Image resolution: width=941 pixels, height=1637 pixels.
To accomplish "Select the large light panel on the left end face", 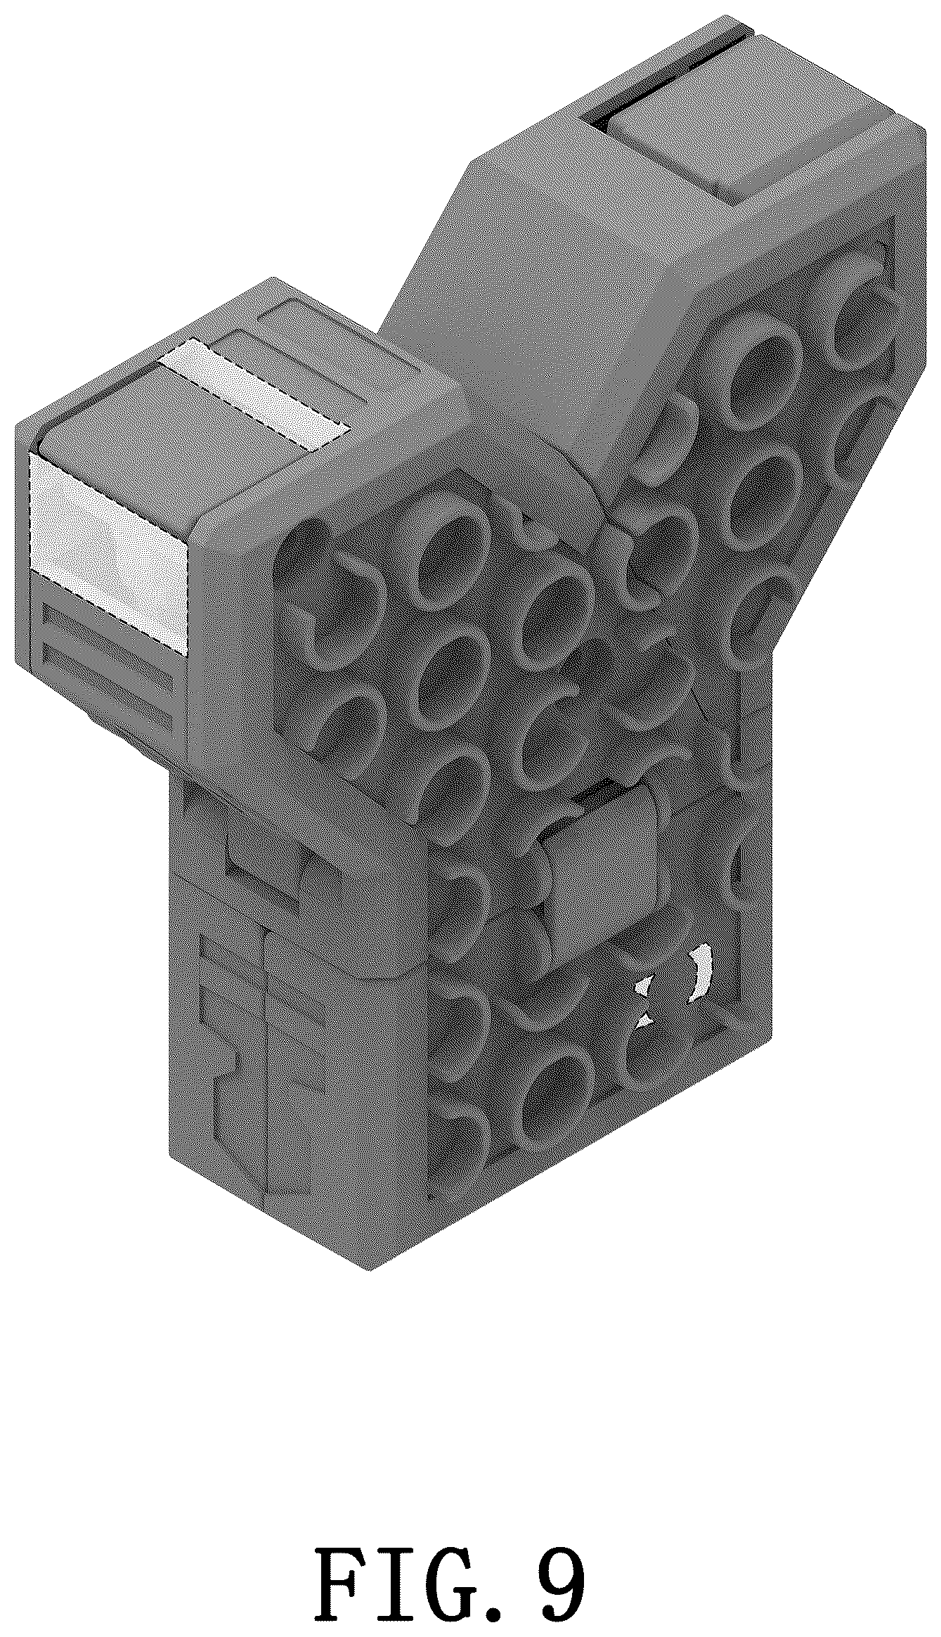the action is tap(110, 554).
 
